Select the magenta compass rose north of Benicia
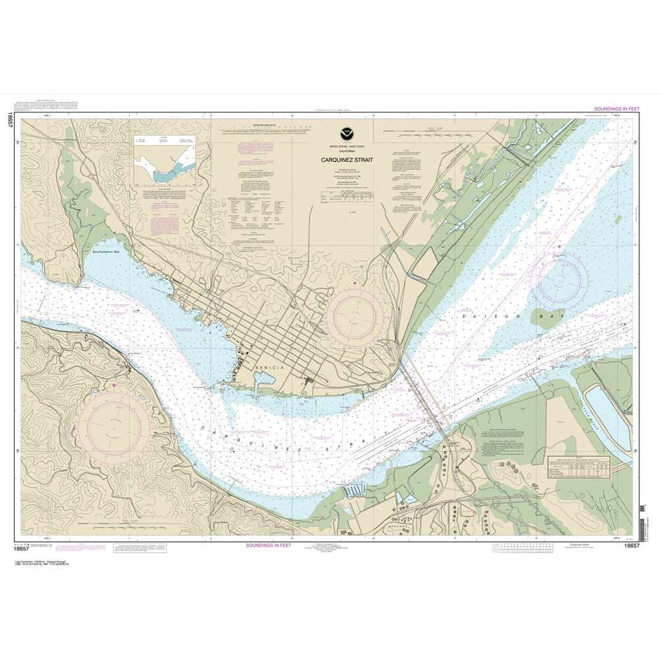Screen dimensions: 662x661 click(x=354, y=314)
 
